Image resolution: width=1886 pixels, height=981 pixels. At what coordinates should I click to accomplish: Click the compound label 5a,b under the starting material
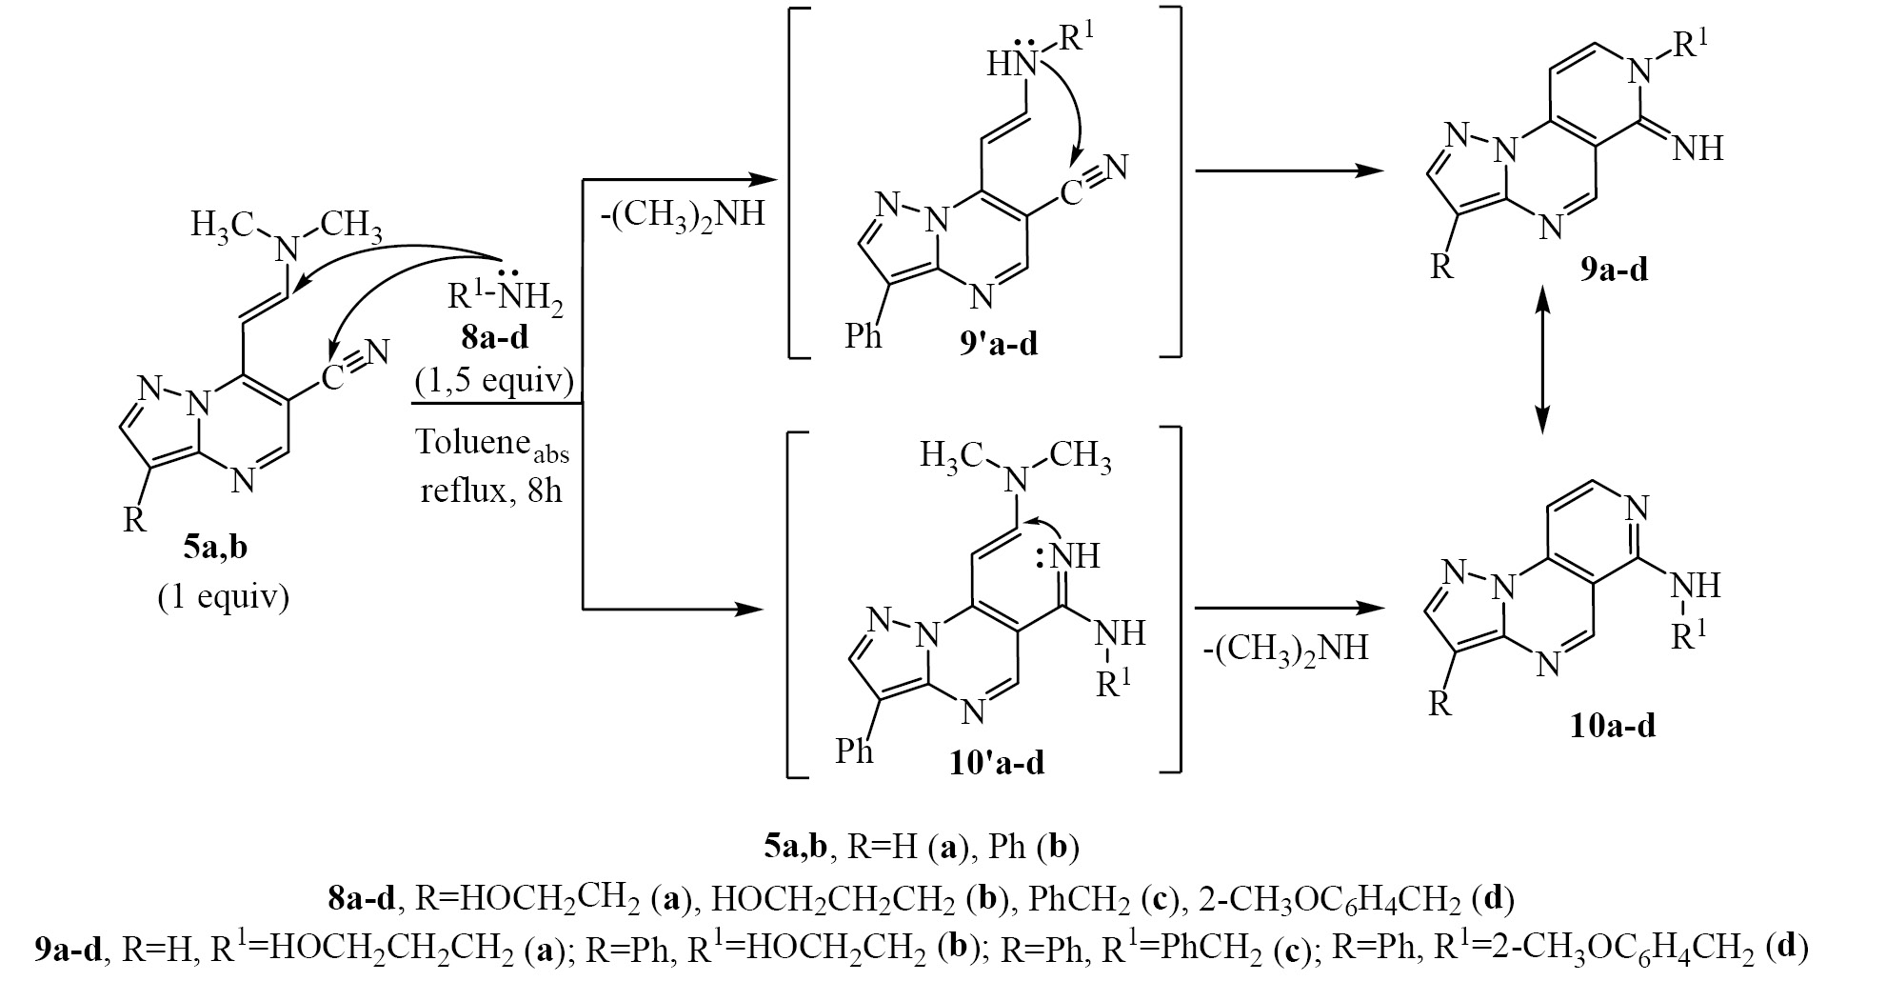pyautogui.click(x=221, y=553)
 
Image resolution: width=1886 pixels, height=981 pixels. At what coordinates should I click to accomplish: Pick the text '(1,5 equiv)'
pyautogui.click(x=493, y=381)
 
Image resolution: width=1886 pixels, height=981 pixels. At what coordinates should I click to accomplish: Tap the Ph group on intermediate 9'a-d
pyautogui.click(x=863, y=336)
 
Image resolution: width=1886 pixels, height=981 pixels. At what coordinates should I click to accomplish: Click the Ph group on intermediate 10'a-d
pyautogui.click(x=855, y=752)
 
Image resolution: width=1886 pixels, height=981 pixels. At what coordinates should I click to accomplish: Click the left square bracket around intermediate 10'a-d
pyautogui.click(x=789, y=600)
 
